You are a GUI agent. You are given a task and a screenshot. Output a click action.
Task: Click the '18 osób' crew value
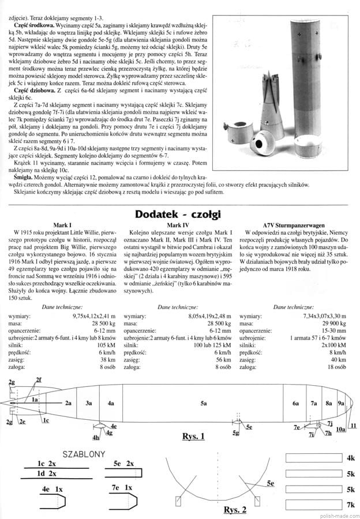click(336, 366)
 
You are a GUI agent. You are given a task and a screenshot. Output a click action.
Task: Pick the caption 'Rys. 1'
click(193, 436)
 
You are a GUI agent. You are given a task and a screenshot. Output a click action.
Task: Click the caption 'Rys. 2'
click(234, 509)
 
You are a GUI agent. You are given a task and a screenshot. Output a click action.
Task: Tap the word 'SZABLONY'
click(83, 454)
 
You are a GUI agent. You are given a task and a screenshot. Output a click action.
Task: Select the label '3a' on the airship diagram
click(89, 404)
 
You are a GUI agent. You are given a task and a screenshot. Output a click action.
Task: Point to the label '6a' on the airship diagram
click(295, 404)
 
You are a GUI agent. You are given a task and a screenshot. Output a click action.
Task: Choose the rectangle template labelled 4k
click(316, 458)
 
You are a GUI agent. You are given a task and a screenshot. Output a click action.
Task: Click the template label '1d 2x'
click(47, 473)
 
